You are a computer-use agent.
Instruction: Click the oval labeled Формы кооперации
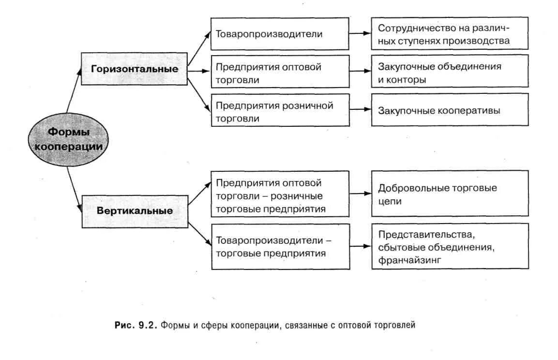coord(67,139)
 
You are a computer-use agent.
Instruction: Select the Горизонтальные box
coord(135,69)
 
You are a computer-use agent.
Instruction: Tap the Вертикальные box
coord(135,211)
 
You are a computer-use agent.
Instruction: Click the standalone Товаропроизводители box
coord(280,34)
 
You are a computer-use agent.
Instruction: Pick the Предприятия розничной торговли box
coord(280,111)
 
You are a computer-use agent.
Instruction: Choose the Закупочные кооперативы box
coord(450,110)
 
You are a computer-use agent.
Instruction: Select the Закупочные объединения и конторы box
coord(450,73)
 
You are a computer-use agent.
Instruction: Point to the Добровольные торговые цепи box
coord(450,194)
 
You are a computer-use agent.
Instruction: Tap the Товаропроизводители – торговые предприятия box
coord(280,246)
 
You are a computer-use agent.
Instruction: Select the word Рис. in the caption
coord(123,325)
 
